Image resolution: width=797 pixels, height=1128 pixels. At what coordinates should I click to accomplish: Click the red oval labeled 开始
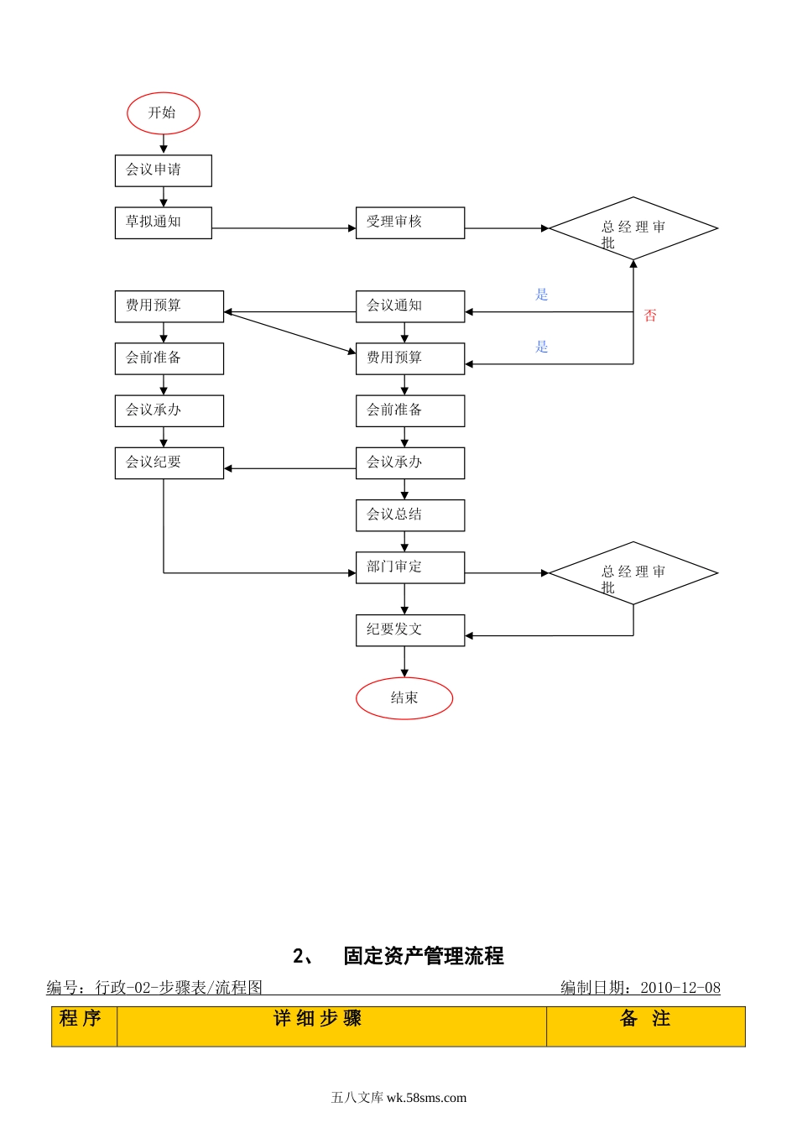(164, 113)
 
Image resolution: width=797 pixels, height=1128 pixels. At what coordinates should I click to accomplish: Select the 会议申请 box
(163, 170)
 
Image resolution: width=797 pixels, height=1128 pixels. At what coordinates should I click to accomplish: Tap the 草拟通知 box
(163, 222)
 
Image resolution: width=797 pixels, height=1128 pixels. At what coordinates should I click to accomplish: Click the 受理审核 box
(409, 222)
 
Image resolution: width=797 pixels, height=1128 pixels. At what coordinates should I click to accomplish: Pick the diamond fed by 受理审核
(633, 228)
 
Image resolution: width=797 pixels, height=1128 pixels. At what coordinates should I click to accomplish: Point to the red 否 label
(650, 316)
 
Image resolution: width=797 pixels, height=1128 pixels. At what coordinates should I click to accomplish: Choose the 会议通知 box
(409, 306)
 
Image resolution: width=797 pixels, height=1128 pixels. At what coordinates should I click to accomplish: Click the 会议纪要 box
(169, 463)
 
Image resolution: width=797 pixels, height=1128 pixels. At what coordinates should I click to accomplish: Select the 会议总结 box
(409, 515)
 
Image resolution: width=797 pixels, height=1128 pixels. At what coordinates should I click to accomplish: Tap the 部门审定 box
(409, 567)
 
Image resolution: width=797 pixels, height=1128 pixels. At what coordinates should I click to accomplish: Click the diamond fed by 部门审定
(633, 573)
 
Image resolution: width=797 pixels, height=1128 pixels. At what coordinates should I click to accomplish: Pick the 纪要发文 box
(409, 630)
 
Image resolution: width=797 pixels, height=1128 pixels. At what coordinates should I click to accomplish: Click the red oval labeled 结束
(404, 698)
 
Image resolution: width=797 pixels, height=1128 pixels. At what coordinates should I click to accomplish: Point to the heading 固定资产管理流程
(423, 956)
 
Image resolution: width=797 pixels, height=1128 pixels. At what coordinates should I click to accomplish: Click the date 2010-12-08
(680, 988)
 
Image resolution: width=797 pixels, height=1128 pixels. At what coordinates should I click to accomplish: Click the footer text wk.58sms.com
(426, 1098)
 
